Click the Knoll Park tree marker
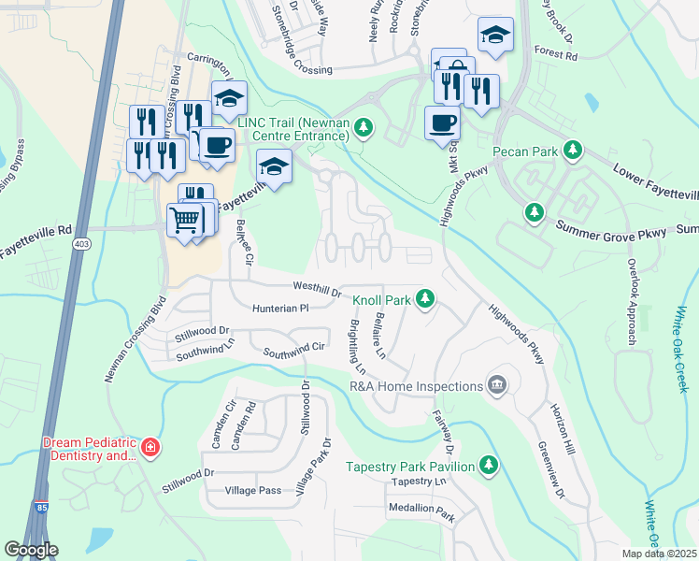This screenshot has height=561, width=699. tap(425, 299)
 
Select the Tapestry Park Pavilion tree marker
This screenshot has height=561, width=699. tap(488, 465)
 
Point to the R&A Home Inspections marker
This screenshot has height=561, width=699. tap(496, 385)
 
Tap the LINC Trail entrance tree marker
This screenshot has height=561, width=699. tap(364, 127)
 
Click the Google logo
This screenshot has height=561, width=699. tap(31, 550)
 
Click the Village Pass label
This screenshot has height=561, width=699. tap(253, 490)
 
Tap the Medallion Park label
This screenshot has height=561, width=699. tap(421, 512)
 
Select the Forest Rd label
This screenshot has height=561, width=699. tap(556, 54)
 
